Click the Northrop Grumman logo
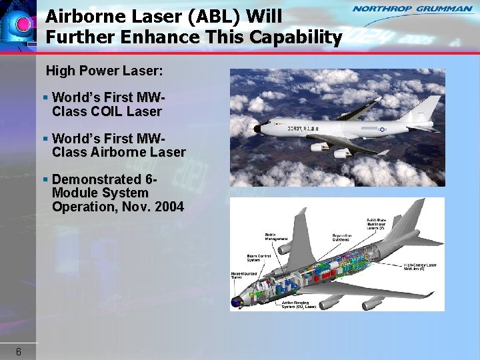pyautogui.click(x=411, y=9)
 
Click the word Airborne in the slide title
pyautogui.click(x=78, y=15)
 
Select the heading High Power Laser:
pyautogui.click(x=105, y=70)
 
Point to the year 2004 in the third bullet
pyautogui.click(x=169, y=207)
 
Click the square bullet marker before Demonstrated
pyautogui.click(x=45, y=180)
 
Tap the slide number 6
pyautogui.click(x=19, y=351)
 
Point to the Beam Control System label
pyautogui.click(x=258, y=257)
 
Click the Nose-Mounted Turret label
pyautogui.click(x=241, y=275)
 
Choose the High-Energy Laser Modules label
pyautogui.click(x=421, y=267)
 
